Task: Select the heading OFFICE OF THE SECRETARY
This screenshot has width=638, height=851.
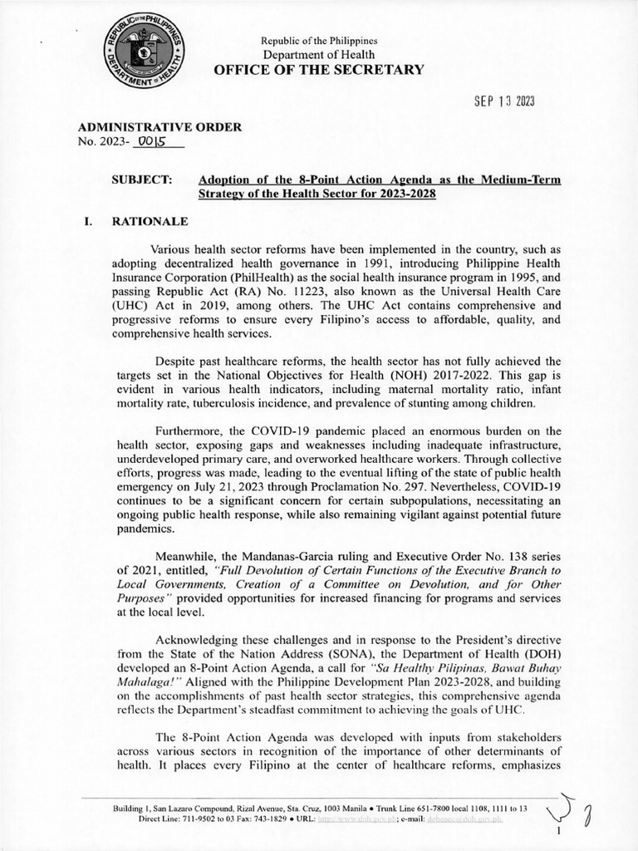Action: (x=319, y=70)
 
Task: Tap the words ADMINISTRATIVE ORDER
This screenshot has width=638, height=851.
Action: (x=159, y=127)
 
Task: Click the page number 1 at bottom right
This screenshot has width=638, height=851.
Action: (x=560, y=829)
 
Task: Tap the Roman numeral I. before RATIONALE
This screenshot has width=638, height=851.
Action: (x=86, y=222)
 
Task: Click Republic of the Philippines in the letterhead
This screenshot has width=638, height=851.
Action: (x=319, y=41)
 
